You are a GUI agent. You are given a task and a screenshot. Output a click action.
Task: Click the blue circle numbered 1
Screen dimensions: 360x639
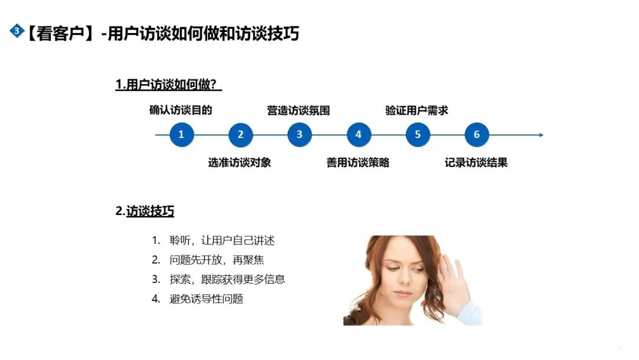(x=181, y=134)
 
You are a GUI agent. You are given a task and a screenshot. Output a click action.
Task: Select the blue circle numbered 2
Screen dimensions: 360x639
(x=240, y=134)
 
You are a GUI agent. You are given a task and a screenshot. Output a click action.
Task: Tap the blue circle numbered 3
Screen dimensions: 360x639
(x=299, y=134)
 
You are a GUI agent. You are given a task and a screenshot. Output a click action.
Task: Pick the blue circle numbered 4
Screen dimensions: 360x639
(x=359, y=134)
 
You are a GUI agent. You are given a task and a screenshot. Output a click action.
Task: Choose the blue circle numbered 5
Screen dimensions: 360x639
(x=418, y=134)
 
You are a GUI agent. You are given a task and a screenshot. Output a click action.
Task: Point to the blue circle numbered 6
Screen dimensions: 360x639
(x=477, y=134)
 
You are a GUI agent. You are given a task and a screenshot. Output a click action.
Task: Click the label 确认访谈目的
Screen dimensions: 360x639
(x=180, y=110)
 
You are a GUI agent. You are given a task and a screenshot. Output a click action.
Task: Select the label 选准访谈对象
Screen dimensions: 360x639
(x=240, y=162)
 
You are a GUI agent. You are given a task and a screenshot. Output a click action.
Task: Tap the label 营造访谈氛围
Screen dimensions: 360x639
(x=298, y=111)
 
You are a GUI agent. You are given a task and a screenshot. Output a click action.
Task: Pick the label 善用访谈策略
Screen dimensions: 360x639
(x=358, y=162)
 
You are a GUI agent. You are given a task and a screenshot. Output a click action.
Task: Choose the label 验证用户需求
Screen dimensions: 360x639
(x=417, y=111)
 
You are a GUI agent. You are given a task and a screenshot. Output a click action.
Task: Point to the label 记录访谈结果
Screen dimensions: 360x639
(x=476, y=162)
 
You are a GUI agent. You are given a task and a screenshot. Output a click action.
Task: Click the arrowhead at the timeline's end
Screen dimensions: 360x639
(x=541, y=135)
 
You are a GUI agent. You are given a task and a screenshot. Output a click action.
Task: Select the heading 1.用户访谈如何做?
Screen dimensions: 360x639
(x=169, y=85)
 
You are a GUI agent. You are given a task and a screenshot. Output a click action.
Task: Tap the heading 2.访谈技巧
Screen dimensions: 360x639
(x=145, y=211)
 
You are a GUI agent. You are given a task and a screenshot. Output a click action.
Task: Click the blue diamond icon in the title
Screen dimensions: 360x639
(x=17, y=31)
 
